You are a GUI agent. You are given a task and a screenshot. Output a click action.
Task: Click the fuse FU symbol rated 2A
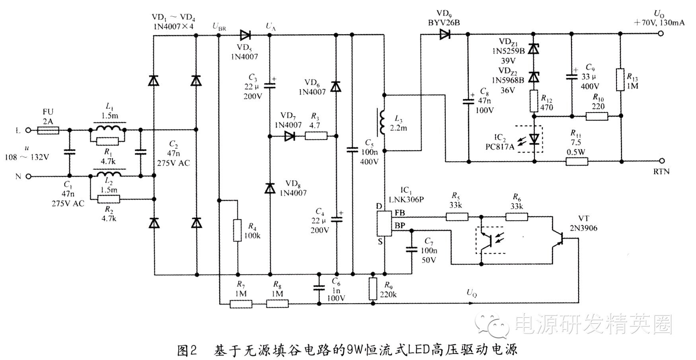point(48,130)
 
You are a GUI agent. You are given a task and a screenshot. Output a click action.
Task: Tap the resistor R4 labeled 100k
point(237,230)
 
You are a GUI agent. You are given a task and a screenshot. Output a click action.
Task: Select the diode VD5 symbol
point(245,35)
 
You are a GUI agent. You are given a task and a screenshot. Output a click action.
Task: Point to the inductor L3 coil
point(382,122)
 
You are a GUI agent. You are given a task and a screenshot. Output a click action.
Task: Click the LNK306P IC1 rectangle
point(384,224)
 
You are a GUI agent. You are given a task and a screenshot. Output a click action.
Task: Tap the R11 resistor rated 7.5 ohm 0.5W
point(577,162)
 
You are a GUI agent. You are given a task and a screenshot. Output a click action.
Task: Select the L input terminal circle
point(28,130)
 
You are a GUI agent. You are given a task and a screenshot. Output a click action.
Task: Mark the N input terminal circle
point(28,176)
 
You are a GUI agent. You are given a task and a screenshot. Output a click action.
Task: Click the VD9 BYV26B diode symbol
point(444,35)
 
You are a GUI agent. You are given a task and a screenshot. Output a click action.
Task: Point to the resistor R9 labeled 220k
point(373,288)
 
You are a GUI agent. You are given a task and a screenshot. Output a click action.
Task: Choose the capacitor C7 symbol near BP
point(412,249)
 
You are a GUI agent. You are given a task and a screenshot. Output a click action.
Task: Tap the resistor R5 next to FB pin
point(457,217)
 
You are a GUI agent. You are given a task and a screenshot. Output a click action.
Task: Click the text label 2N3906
point(583,228)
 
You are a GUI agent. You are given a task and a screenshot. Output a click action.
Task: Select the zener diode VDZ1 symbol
point(534,49)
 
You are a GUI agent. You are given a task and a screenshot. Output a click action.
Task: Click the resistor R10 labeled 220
point(597,116)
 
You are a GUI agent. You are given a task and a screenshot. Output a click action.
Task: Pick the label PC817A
point(500,147)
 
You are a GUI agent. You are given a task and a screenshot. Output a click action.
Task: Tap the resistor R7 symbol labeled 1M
point(241,304)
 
